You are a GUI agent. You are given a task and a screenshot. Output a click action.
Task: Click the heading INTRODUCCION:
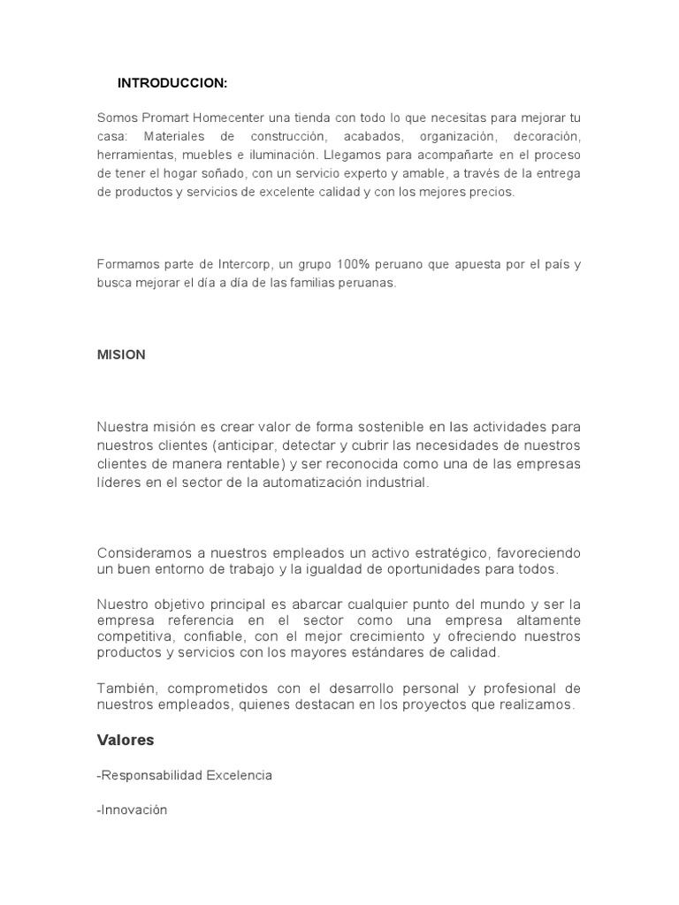[x=172, y=83]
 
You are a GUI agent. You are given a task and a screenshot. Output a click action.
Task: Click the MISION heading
[x=121, y=354]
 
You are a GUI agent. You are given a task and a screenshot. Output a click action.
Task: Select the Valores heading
[x=126, y=740]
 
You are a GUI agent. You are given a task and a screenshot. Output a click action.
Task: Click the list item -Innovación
[x=132, y=810]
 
